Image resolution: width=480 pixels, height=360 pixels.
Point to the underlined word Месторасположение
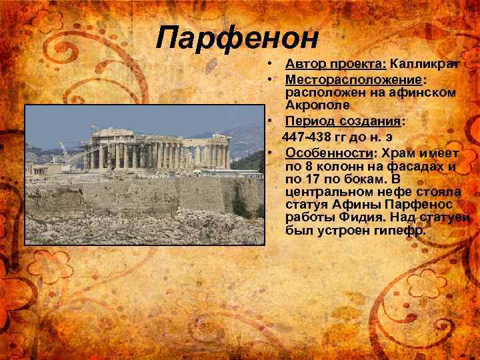[x=345, y=79]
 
